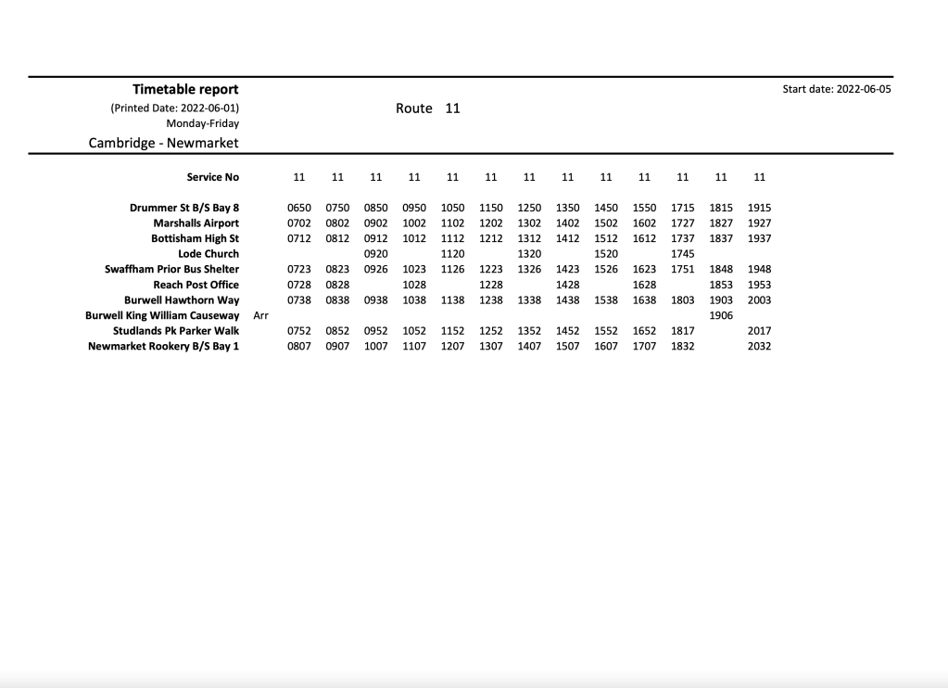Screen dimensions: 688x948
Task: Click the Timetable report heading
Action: (185, 90)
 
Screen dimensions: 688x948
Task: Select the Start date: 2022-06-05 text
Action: (836, 90)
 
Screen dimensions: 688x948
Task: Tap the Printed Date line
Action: (174, 108)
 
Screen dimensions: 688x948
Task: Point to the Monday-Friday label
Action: (202, 123)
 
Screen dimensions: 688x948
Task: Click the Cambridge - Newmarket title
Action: (163, 143)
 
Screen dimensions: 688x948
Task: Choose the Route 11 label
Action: (427, 108)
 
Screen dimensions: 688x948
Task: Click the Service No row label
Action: (212, 177)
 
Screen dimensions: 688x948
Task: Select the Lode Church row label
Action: (209, 254)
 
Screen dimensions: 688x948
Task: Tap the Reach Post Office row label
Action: (196, 285)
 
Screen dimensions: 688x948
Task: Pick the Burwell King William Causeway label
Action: (162, 315)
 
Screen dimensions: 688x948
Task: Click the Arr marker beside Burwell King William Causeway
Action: (260, 315)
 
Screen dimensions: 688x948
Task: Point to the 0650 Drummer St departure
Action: (298, 208)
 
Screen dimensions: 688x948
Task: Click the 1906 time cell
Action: (720, 315)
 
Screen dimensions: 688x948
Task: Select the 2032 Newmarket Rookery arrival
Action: (759, 347)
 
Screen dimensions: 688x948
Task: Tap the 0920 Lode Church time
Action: (375, 254)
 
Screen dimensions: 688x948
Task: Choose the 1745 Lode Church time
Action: (682, 254)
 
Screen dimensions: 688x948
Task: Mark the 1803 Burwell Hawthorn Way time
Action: (682, 300)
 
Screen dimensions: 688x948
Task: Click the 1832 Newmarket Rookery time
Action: (682, 347)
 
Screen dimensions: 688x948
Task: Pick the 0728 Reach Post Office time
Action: (298, 285)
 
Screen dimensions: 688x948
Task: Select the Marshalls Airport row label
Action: (196, 223)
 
